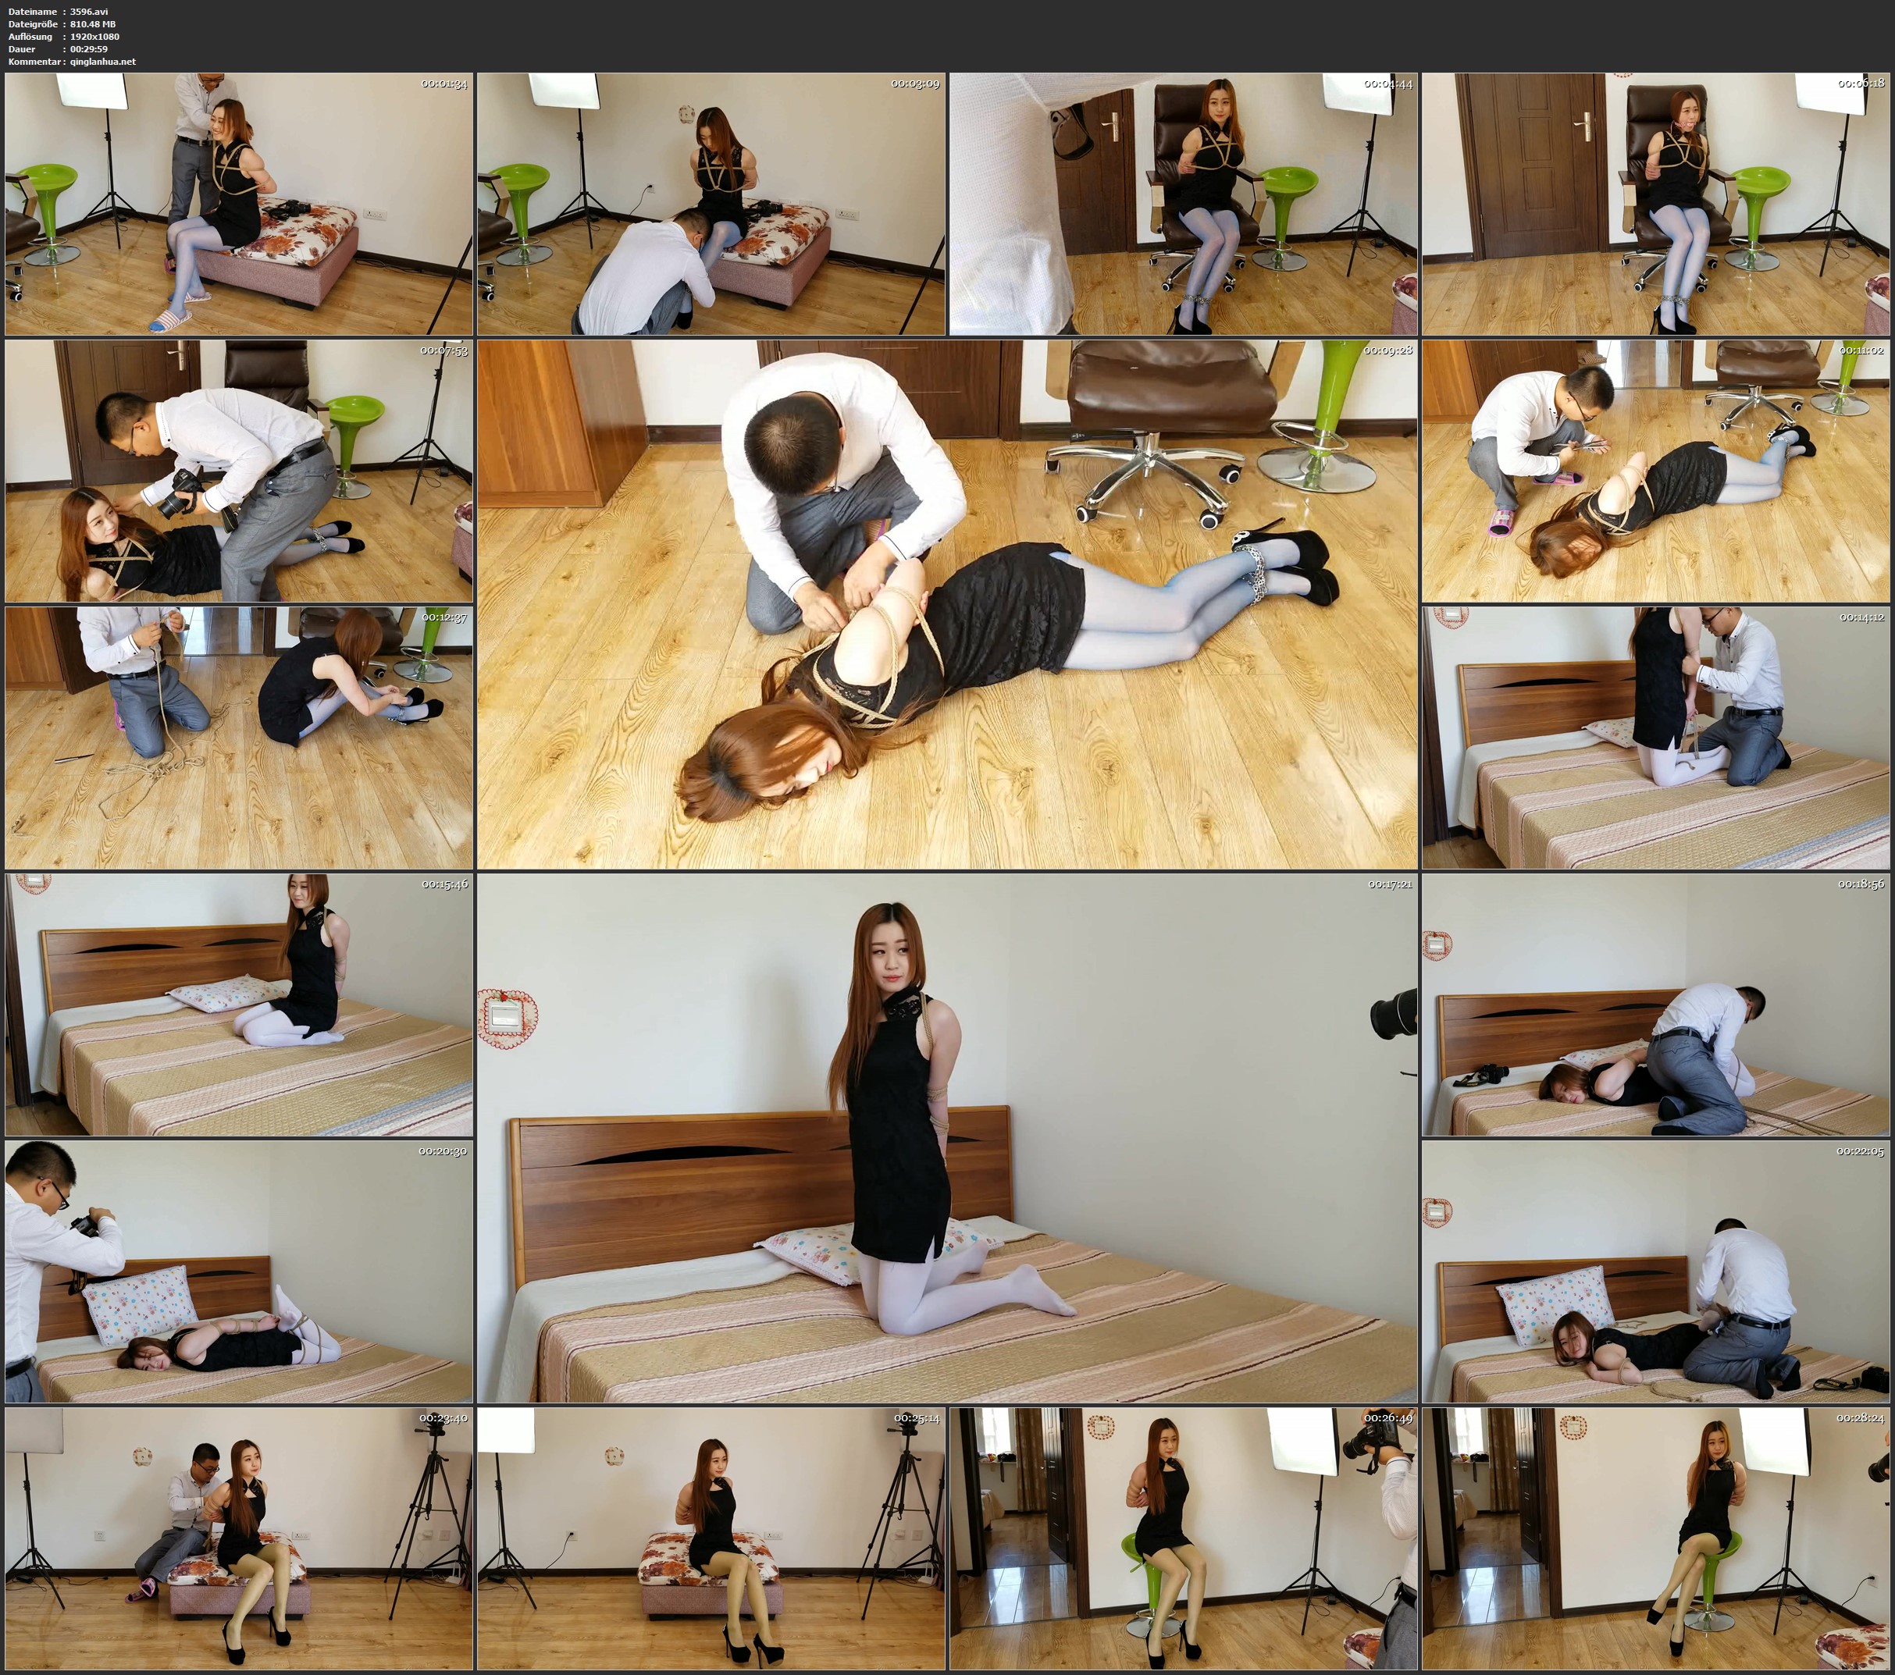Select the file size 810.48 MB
click(x=93, y=24)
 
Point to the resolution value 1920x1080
click(x=94, y=36)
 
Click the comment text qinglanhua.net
click(x=103, y=61)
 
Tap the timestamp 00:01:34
click(x=444, y=84)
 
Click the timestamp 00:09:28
click(x=1388, y=350)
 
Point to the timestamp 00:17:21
click(x=1390, y=884)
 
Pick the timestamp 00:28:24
click(x=1860, y=1417)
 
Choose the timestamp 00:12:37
click(x=444, y=617)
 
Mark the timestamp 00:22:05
click(x=1860, y=1150)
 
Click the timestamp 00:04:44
click(x=1388, y=84)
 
